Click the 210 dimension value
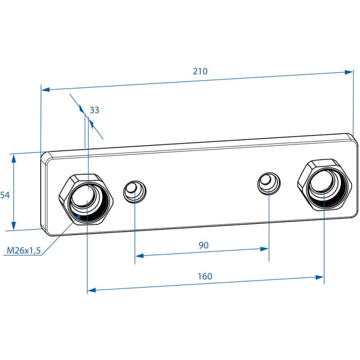coord(200,71)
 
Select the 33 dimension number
coord(95,110)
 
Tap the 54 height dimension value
coord(5,195)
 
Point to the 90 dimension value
coord(203,245)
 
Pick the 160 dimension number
coord(205,276)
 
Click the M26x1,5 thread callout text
coord(24,250)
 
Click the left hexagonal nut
coord(86,199)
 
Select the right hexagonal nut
coord(325,185)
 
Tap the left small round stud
coord(135,192)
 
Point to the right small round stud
coord(269,184)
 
